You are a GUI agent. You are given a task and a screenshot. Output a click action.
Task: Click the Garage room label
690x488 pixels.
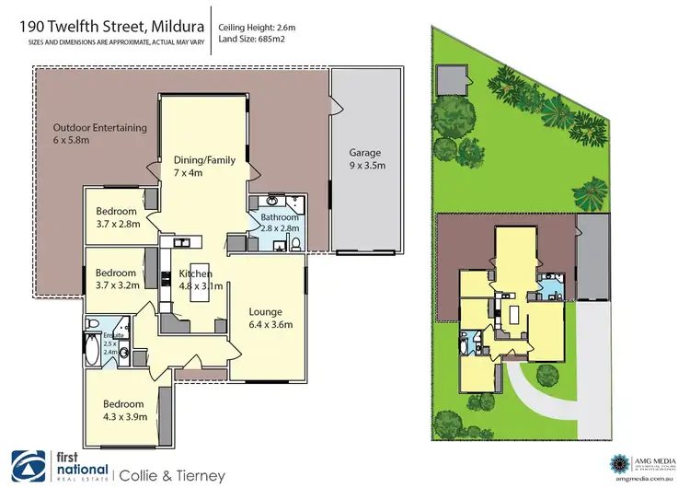coord(364,153)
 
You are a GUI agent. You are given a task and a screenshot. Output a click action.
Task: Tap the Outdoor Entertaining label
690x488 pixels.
coord(99,128)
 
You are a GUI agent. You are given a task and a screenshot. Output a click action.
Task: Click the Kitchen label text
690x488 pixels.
coord(195,273)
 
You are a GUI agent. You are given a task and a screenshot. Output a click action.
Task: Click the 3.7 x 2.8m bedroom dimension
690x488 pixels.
coord(117,224)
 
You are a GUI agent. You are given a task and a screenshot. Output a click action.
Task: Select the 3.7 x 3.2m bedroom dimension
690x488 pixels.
coord(117,285)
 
